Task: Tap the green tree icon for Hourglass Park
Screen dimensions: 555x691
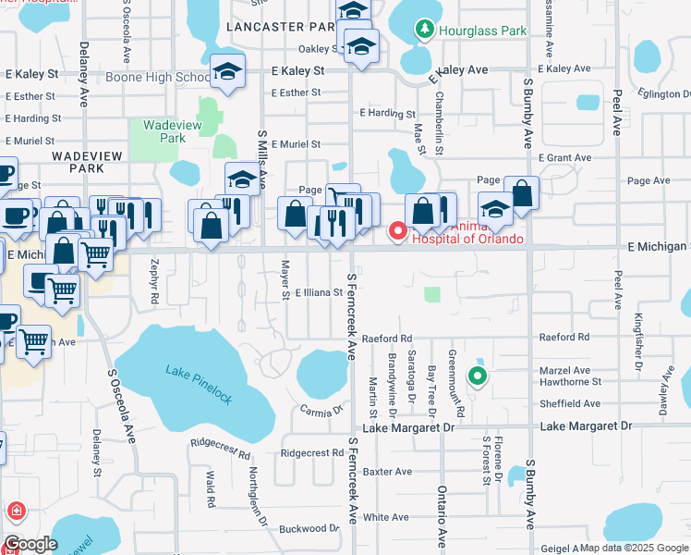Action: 425,31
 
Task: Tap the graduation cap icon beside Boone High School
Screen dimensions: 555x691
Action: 226,70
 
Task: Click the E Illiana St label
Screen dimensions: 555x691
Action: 319,292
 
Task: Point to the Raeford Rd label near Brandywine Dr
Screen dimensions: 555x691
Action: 386,339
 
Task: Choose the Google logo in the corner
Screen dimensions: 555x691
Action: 30,544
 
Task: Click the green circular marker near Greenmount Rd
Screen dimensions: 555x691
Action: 477,376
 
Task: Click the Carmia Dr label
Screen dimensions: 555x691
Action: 321,408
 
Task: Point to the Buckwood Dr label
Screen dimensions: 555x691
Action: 309,528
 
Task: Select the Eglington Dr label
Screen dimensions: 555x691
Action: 663,93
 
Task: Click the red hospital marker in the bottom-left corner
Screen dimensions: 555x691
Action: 16,511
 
